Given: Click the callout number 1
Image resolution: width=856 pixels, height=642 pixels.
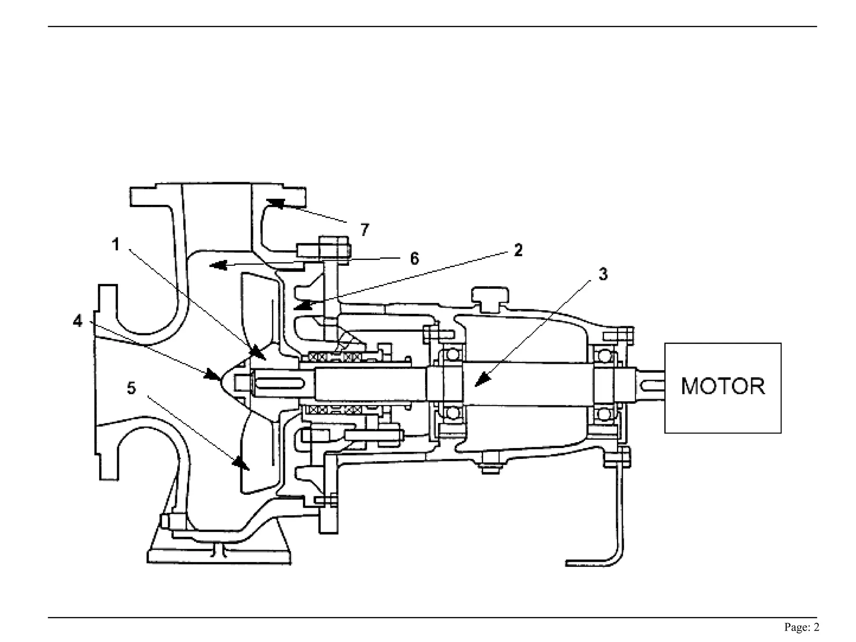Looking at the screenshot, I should click(x=116, y=245).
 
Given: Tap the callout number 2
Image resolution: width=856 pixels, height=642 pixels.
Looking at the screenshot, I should click(x=518, y=250).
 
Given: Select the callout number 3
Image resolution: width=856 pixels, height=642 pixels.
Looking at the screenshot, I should click(x=603, y=275).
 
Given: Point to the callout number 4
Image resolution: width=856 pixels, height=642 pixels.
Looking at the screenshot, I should click(x=78, y=321).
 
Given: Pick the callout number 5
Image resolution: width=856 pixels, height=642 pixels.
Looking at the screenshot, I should click(x=131, y=388).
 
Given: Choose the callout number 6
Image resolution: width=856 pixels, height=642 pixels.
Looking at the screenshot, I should click(x=414, y=259).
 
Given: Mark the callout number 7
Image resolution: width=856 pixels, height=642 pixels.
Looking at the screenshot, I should click(x=365, y=229).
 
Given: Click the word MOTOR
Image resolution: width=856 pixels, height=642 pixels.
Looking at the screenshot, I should click(x=723, y=386).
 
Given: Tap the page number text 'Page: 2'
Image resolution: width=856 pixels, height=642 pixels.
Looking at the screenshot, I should click(x=802, y=627).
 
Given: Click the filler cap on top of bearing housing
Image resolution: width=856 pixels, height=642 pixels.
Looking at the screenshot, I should click(x=490, y=298).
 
